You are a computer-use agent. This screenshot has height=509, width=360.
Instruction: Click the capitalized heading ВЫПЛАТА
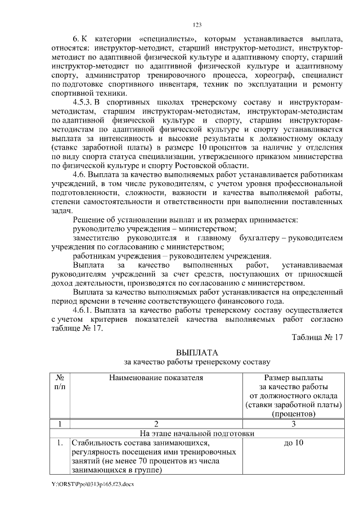[196, 352]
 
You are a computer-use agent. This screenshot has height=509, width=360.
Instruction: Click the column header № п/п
[60, 382]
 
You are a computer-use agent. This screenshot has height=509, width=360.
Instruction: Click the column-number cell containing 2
[156, 424]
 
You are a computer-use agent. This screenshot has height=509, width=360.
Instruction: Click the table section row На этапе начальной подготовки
[196, 433]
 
